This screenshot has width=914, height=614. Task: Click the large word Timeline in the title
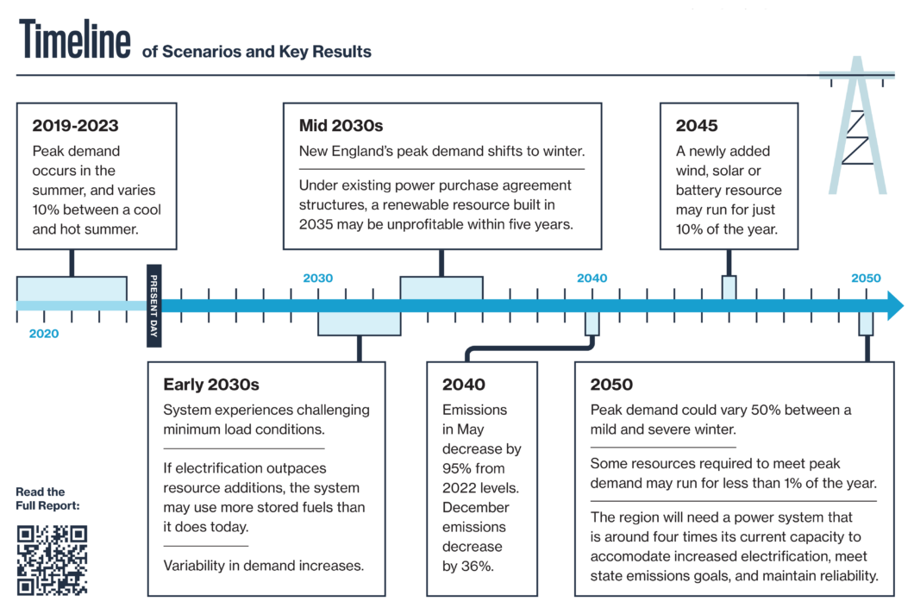75,39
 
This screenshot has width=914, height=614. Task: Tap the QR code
52,560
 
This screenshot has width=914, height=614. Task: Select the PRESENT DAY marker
153,305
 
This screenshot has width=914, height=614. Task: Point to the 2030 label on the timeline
317,279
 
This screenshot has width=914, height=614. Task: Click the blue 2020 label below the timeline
44,334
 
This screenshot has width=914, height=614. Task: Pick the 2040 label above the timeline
592,279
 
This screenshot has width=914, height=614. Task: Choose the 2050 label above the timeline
866,279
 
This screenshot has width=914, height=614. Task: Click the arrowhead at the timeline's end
895,305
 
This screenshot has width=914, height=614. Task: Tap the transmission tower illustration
857,125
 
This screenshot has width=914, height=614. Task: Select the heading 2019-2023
75,125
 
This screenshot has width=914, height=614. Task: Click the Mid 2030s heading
341,125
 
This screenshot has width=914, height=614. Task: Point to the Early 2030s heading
211,385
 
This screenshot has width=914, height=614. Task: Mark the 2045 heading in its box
697,125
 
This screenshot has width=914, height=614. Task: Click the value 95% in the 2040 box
456,468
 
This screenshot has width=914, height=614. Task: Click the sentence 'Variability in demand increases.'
264,566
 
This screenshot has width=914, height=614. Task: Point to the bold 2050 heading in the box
610,385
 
